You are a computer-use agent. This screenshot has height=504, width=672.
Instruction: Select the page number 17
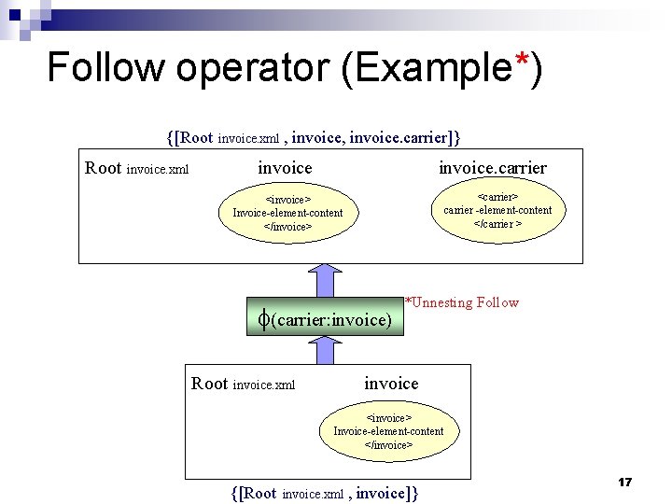(624, 482)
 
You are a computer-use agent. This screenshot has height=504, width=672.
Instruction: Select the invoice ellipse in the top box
(287, 213)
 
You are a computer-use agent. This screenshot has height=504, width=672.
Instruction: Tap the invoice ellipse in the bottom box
(388, 431)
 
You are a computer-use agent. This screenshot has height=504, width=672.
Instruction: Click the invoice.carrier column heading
(493, 168)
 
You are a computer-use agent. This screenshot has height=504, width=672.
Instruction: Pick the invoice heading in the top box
(285, 168)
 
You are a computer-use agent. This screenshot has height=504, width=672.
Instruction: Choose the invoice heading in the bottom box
(391, 384)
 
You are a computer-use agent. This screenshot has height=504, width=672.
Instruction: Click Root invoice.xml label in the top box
(137, 169)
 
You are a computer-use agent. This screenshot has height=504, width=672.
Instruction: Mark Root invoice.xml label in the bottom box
(243, 384)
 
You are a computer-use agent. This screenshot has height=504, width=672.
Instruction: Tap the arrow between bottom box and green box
(326, 350)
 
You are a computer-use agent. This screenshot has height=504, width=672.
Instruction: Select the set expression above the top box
(314, 138)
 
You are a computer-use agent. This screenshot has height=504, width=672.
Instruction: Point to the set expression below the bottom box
(324, 493)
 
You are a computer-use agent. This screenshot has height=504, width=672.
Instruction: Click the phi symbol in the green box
(264, 319)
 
